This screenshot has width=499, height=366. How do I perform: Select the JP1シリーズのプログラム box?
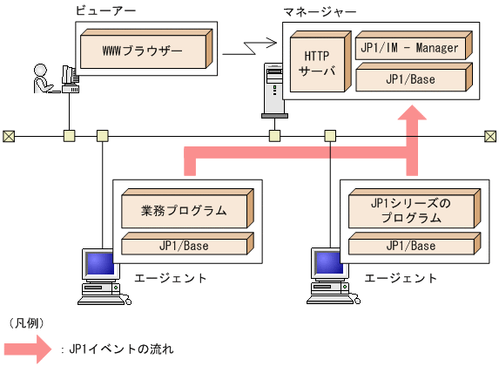pos(411,211)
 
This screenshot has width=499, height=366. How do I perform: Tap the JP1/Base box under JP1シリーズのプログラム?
pos(411,246)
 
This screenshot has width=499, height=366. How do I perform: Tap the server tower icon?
pos(274,91)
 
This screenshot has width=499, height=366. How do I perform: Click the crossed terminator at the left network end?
pos(9,136)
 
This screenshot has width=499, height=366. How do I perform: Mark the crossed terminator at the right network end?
pos(490,136)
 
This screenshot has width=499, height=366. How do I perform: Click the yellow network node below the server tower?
pos(274,136)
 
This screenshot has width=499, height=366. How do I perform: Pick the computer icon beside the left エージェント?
pos(98,274)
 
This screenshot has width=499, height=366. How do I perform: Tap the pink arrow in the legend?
pos(31,349)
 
